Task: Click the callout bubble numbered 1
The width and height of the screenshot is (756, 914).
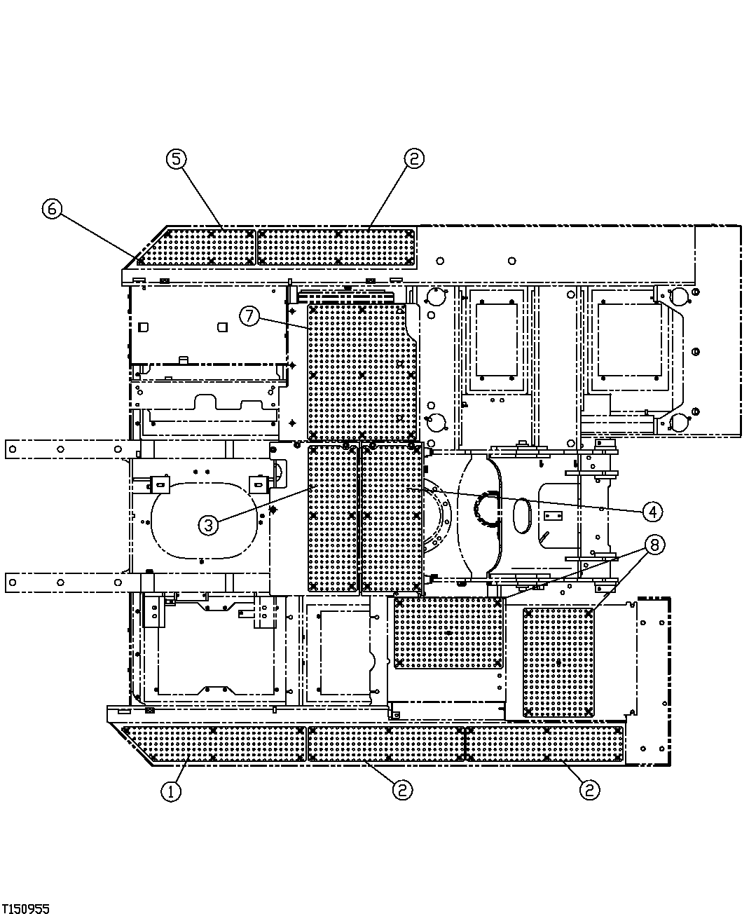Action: (x=171, y=791)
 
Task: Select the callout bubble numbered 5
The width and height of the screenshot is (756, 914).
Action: (x=176, y=159)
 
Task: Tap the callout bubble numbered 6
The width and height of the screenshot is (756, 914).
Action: (x=53, y=209)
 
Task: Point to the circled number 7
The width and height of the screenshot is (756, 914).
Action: (x=249, y=316)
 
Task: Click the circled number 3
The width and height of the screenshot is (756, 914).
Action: (x=209, y=524)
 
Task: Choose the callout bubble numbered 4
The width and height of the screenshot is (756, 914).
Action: (x=652, y=511)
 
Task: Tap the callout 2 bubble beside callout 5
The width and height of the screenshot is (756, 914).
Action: (x=413, y=159)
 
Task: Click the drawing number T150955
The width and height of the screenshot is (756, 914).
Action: (x=25, y=908)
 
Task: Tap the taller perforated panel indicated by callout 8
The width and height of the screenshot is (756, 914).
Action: (x=558, y=662)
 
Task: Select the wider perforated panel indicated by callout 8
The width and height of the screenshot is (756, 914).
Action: (x=448, y=633)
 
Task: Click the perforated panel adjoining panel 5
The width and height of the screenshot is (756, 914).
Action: (x=336, y=247)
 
